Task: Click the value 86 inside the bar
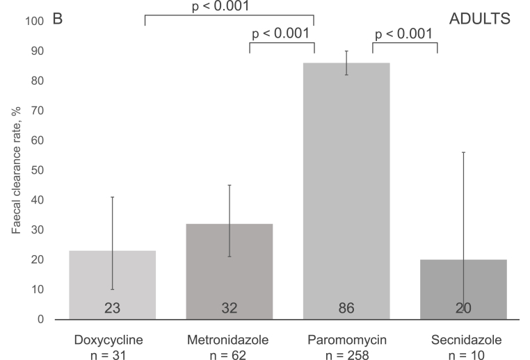point(346,307)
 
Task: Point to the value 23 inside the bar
point(112,307)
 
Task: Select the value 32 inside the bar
point(230,307)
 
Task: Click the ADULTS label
point(480,19)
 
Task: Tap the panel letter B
point(58,19)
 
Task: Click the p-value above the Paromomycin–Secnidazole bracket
point(403,33)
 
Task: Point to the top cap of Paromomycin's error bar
point(346,51)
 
